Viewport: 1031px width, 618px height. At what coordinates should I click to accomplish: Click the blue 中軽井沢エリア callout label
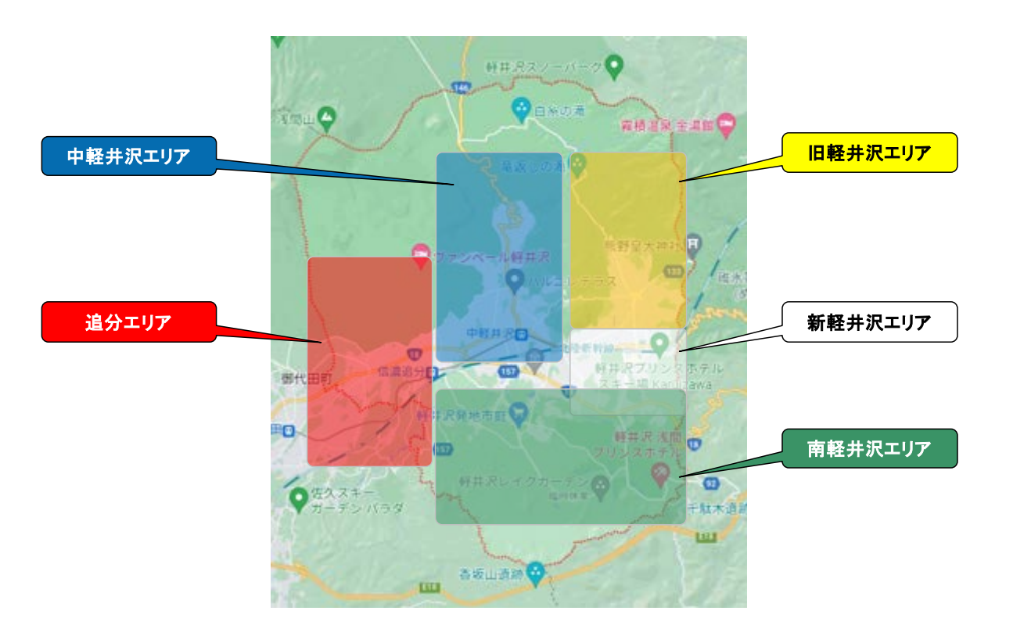[x=128, y=156]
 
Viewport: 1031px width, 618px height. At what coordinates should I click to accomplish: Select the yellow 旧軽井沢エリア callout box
[x=869, y=153]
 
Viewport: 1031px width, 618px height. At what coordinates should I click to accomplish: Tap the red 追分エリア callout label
[x=128, y=322]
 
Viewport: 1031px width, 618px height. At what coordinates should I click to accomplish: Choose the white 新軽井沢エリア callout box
[x=869, y=322]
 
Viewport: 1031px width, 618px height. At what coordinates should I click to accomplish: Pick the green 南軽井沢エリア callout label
[x=869, y=448]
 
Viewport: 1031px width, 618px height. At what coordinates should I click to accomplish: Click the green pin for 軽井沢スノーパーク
[x=615, y=66]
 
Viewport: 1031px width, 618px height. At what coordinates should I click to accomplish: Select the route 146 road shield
[x=462, y=87]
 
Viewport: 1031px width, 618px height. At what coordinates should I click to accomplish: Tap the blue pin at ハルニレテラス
[x=514, y=279]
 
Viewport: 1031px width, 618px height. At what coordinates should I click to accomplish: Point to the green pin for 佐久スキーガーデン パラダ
[x=297, y=498]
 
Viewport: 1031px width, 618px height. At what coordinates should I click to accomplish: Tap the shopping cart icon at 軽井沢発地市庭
[x=516, y=412]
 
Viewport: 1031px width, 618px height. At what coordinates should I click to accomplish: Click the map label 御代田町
[x=307, y=378]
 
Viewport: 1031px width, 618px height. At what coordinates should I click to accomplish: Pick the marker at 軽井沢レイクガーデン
[x=600, y=485]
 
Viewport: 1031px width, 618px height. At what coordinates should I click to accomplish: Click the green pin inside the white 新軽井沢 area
[x=659, y=343]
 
